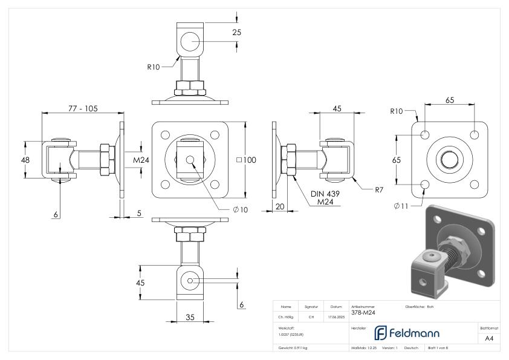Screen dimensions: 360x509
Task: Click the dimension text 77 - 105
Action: pos(82,108)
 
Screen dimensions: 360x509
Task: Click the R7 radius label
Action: pos(379,190)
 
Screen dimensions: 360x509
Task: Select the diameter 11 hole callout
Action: pos(401,206)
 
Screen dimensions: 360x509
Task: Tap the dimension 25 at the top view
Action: pos(236,32)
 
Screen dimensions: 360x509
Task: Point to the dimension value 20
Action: pos(279,206)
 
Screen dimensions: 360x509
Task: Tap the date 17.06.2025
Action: pos(336,317)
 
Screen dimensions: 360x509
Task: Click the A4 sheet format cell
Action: pos(489,338)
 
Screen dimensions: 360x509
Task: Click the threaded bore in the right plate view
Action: pos(449,159)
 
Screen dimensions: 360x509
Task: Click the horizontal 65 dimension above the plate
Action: pos(450,100)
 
